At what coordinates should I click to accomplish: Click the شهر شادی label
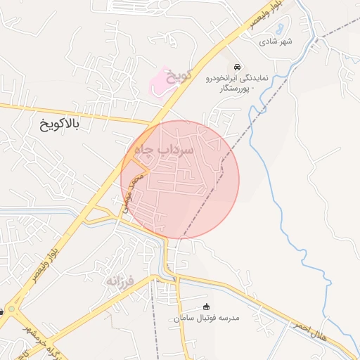click(x=276, y=41)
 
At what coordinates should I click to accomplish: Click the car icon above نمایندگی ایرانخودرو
click(x=238, y=67)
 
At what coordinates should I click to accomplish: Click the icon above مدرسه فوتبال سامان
click(x=206, y=307)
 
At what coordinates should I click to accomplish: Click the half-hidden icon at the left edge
click(x=2, y=311)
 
